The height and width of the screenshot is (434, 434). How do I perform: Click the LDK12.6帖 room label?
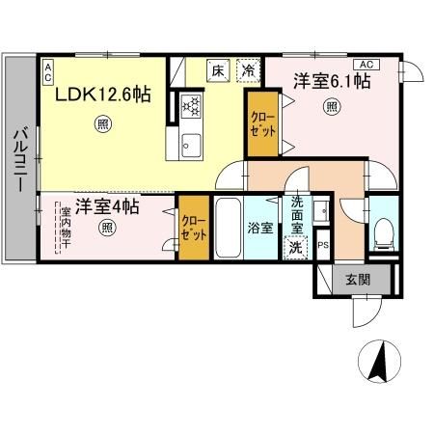101,95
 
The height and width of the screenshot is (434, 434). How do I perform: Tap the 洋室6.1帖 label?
333,83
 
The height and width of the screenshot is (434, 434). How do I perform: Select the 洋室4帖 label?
108,206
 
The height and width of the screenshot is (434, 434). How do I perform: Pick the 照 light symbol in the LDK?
101,123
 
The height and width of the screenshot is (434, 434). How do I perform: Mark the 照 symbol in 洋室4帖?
108,229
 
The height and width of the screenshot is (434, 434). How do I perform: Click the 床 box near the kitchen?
220,69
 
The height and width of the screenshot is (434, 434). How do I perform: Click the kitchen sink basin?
187,146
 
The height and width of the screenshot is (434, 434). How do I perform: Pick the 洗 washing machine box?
296,247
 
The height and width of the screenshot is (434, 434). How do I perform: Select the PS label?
323,245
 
